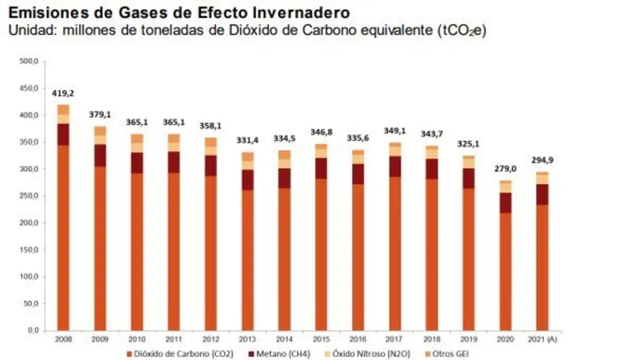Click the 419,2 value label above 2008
tap(63, 93)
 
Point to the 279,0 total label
tap(505, 169)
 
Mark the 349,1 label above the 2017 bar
tap(394, 131)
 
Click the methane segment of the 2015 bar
tap(321, 168)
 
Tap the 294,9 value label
tap(541, 160)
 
